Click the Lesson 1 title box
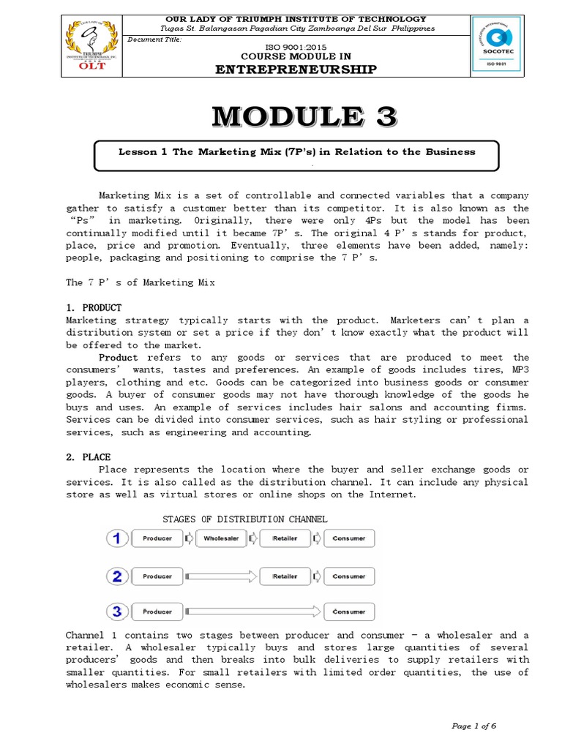(x=297, y=154)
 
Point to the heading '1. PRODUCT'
(x=94, y=308)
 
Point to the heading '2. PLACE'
(x=89, y=457)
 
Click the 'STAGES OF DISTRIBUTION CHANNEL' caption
(x=244, y=519)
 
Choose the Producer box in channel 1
(x=157, y=540)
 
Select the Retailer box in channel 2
(x=285, y=576)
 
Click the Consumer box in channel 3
(x=349, y=611)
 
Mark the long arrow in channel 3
(x=252, y=611)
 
